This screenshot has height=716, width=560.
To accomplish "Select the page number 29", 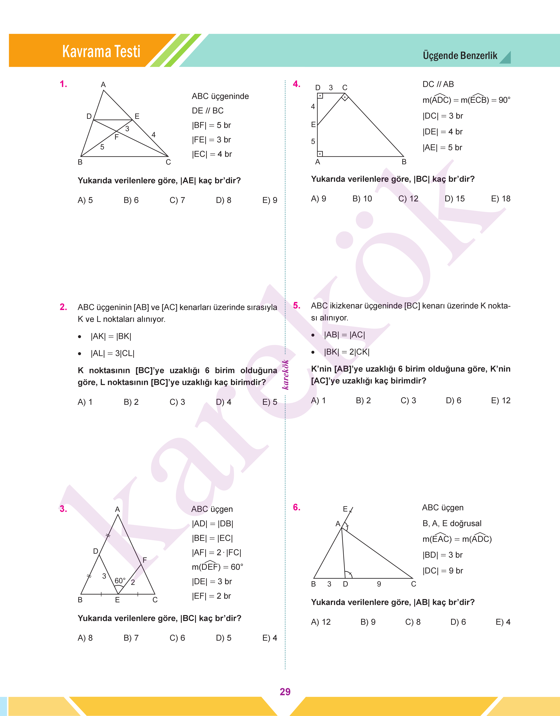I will tap(285, 691).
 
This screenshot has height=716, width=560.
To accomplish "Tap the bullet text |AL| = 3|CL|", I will tap(113, 353).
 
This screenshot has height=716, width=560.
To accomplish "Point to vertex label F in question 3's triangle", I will tap(145, 560).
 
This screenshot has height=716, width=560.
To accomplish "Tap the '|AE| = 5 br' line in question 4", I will tap(442, 148).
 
